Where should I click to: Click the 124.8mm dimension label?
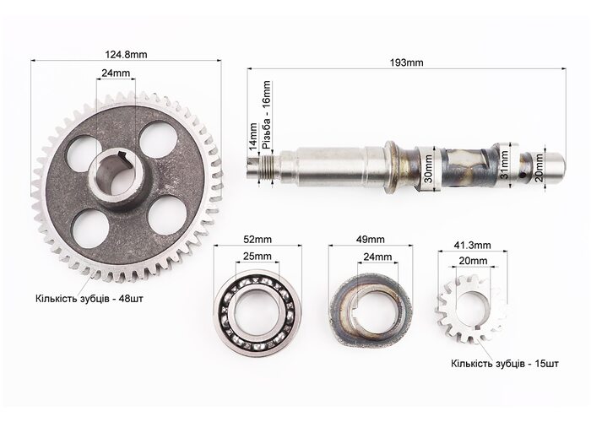[x=126, y=55]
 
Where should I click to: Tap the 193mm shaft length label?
[x=406, y=62]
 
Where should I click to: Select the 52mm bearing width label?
[x=258, y=239]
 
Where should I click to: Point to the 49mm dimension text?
[x=371, y=239]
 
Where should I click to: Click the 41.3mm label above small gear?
[x=472, y=246]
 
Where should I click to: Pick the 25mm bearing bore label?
[x=257, y=257]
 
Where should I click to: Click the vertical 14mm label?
[x=255, y=136]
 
